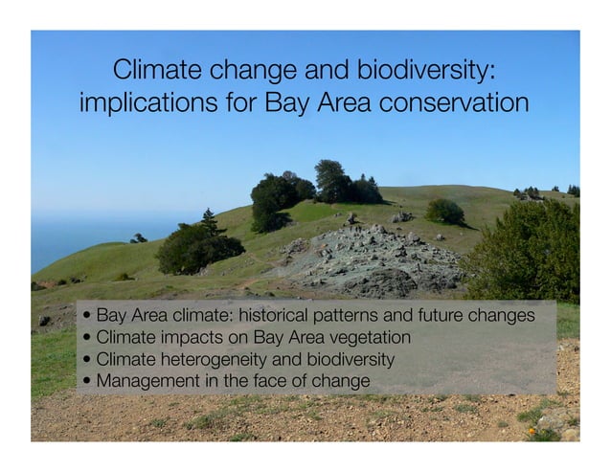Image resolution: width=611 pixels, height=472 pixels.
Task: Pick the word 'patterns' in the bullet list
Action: pos(343,316)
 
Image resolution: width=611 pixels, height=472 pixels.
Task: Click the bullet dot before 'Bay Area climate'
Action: pos(87,317)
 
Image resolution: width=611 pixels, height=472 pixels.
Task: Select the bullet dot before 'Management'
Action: pos(87,382)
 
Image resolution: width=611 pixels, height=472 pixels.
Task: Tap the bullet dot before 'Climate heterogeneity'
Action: pos(87,361)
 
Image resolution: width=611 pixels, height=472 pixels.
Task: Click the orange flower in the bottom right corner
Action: pos(532,430)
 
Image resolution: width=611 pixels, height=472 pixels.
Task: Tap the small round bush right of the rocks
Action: pos(445,212)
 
